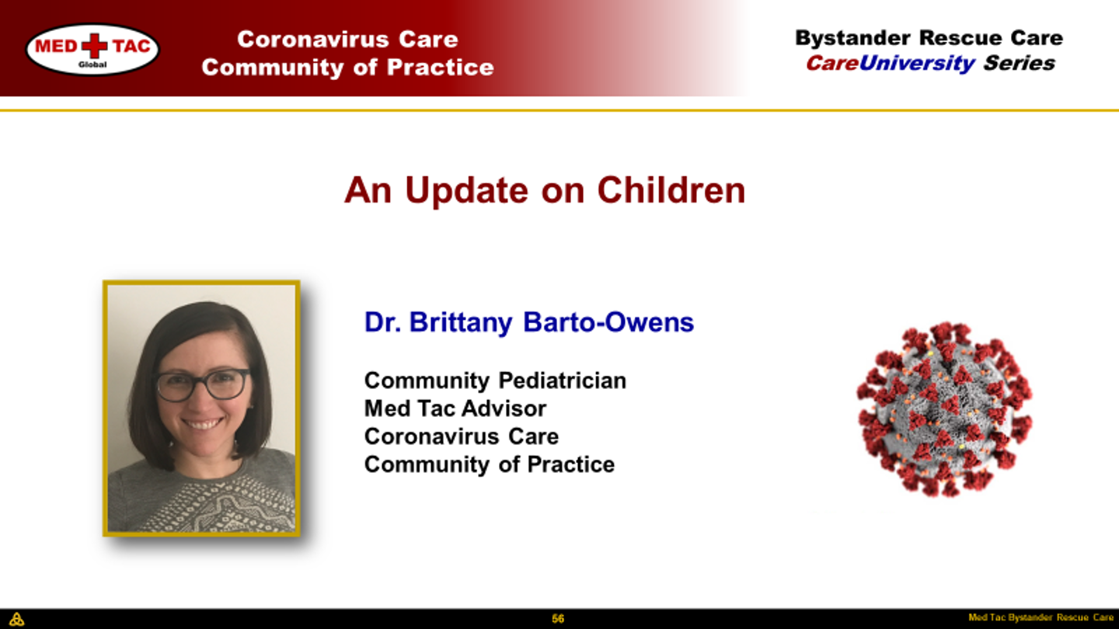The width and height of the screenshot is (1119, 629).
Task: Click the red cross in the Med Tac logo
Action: pos(95,46)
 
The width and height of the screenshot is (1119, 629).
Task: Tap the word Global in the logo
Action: pos(92,64)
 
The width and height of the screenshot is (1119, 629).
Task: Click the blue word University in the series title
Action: pos(917,64)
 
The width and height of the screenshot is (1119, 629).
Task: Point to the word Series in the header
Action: pos(1019,64)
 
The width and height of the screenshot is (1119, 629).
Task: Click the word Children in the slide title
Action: pos(671,190)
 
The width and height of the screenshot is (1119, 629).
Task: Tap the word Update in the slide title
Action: pos(466,191)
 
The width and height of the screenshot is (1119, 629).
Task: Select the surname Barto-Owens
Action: pos(608,322)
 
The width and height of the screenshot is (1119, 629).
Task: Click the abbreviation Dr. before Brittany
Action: pos(382,322)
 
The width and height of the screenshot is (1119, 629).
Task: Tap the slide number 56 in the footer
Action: pos(558,619)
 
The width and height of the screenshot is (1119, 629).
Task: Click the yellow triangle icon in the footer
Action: pos(16,619)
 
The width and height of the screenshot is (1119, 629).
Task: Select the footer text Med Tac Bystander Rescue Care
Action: pos(1041,617)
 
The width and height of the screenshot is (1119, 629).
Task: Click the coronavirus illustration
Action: pos(944,409)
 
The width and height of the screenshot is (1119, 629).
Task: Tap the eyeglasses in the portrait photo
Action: pos(204,385)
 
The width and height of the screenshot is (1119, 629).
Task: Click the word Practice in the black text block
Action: pos(571,464)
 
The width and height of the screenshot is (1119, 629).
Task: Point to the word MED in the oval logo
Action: pos(56,47)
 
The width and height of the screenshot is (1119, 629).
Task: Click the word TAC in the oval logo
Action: pos(131,47)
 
